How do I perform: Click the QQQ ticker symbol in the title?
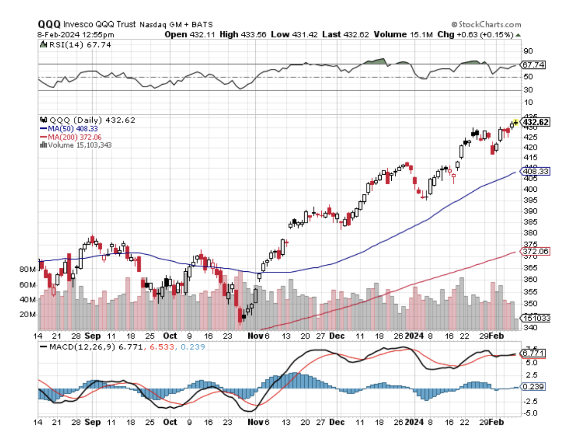[49, 24]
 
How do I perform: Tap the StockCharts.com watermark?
[486, 24]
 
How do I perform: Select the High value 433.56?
[253, 34]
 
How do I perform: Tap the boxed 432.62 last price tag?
[536, 122]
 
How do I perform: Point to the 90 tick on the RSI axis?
[528, 51]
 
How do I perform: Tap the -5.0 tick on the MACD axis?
[530, 413]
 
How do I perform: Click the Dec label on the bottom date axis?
[336, 422]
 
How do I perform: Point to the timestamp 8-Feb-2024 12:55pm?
[76, 34]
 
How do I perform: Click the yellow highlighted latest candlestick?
[516, 122]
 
